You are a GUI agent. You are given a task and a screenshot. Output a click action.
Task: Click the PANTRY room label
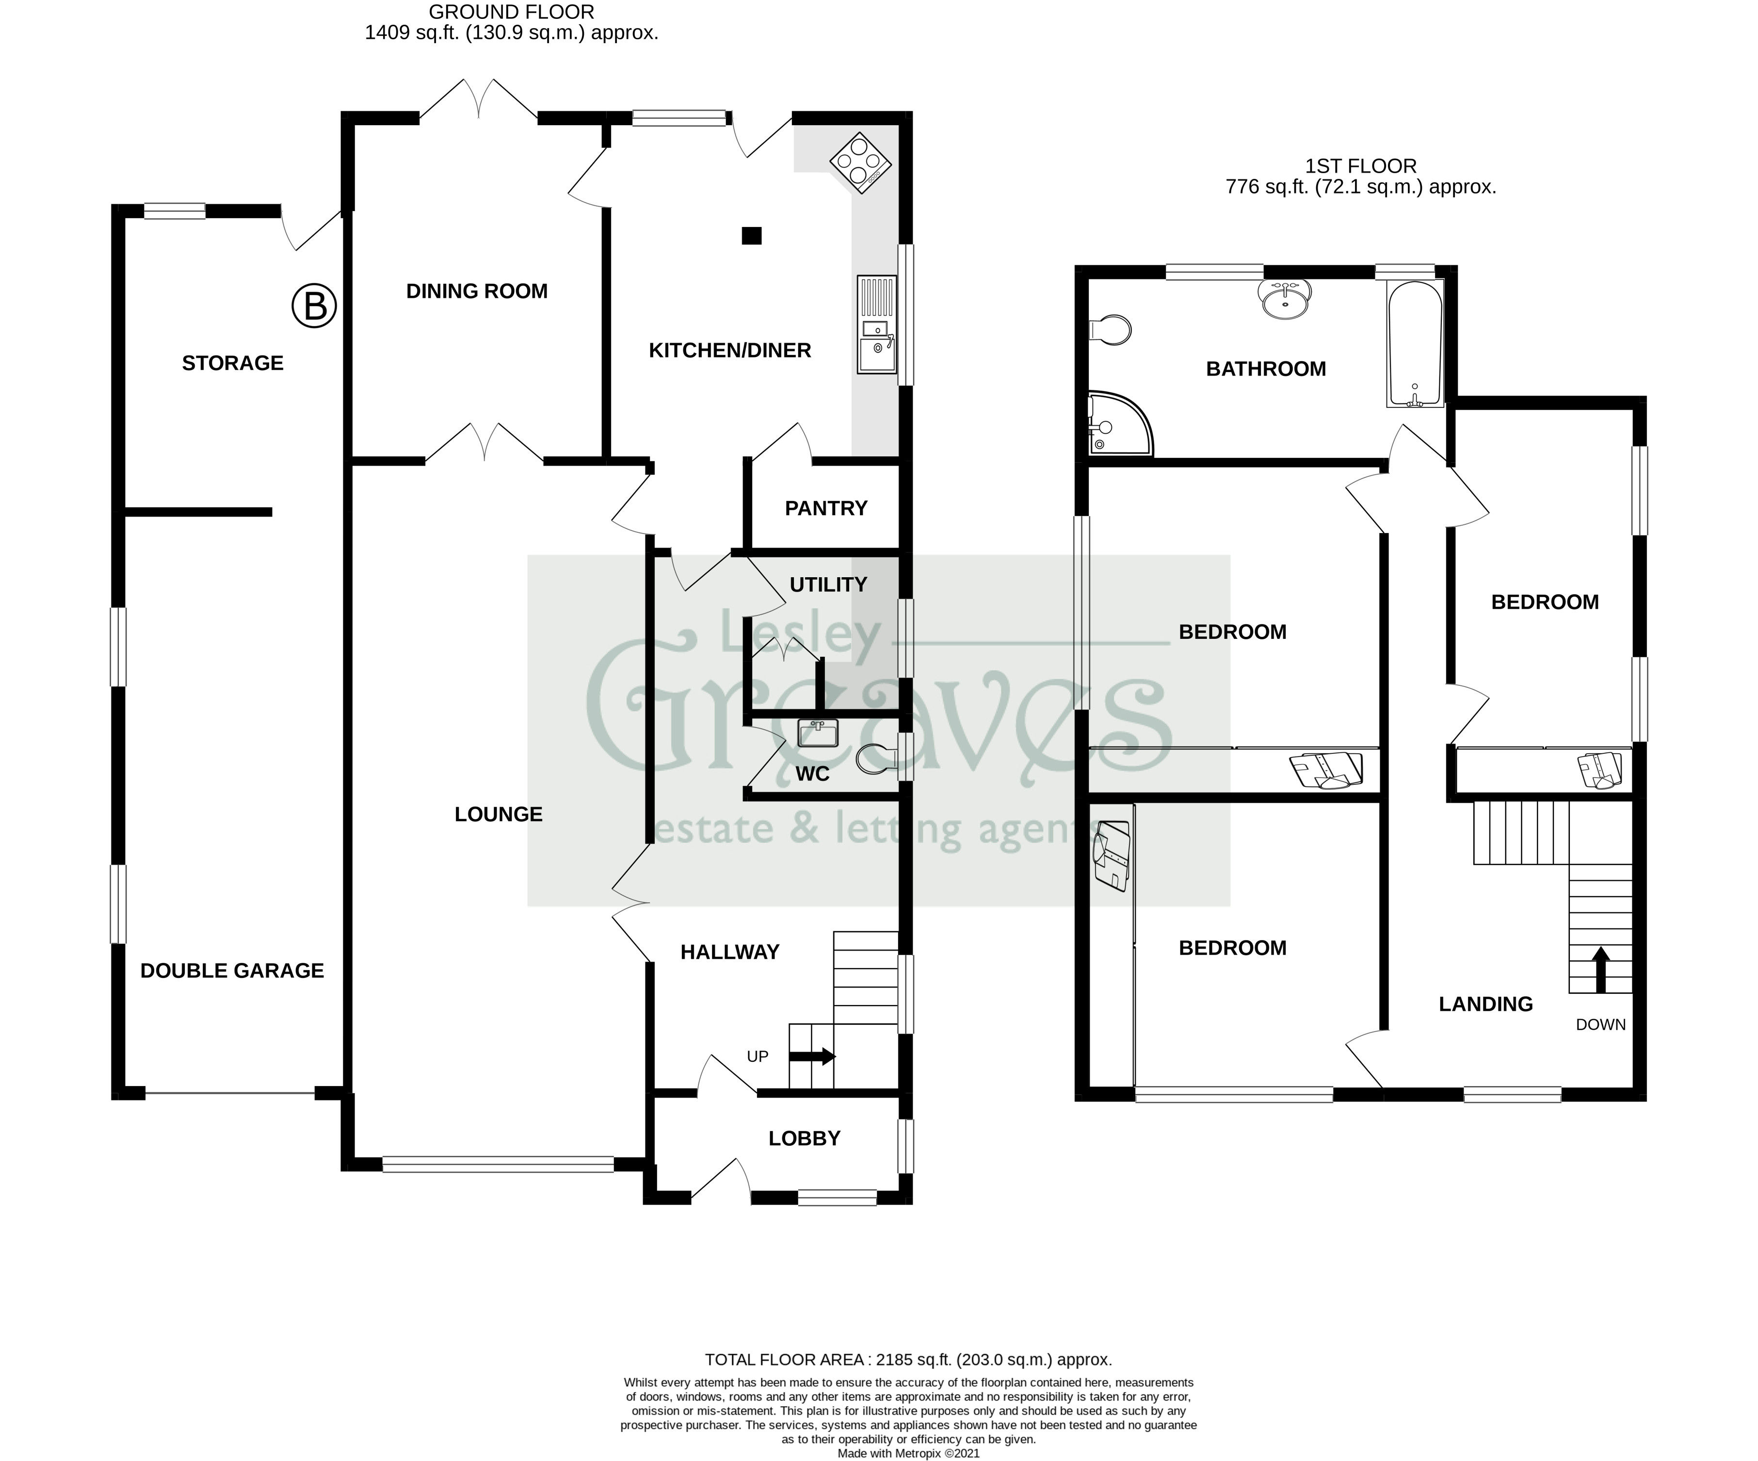(x=825, y=508)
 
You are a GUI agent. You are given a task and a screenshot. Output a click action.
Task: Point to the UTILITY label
(x=828, y=584)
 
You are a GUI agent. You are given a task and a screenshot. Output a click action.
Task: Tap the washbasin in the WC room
(x=818, y=733)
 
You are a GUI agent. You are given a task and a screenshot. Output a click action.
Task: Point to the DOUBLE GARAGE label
(x=232, y=971)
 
